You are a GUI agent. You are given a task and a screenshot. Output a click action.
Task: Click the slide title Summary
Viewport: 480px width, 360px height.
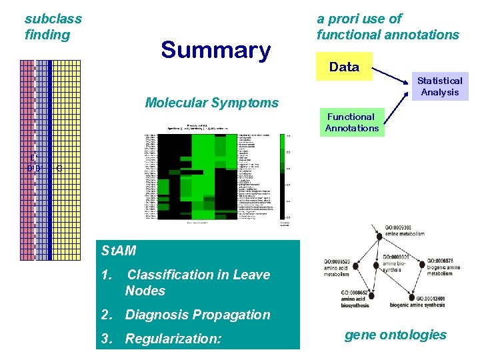(x=215, y=50)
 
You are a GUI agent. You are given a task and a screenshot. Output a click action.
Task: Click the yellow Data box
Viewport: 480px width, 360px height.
(x=344, y=67)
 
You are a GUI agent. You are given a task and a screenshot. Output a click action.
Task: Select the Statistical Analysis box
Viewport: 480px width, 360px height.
(x=439, y=87)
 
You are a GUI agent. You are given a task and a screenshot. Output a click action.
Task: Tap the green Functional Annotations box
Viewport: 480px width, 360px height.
(x=351, y=122)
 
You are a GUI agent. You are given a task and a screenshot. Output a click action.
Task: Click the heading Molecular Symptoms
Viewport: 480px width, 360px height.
(x=211, y=103)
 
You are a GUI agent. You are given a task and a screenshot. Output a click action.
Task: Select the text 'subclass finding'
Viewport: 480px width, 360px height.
(x=53, y=27)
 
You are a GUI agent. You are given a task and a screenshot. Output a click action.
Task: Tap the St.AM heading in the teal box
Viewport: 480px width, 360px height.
(x=119, y=251)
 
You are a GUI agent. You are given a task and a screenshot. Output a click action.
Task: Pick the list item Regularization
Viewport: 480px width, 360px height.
(x=173, y=339)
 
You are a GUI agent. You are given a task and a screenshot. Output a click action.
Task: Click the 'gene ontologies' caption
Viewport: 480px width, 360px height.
(x=395, y=335)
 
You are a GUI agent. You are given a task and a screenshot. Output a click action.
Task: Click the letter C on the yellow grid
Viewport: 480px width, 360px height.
(x=59, y=168)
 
